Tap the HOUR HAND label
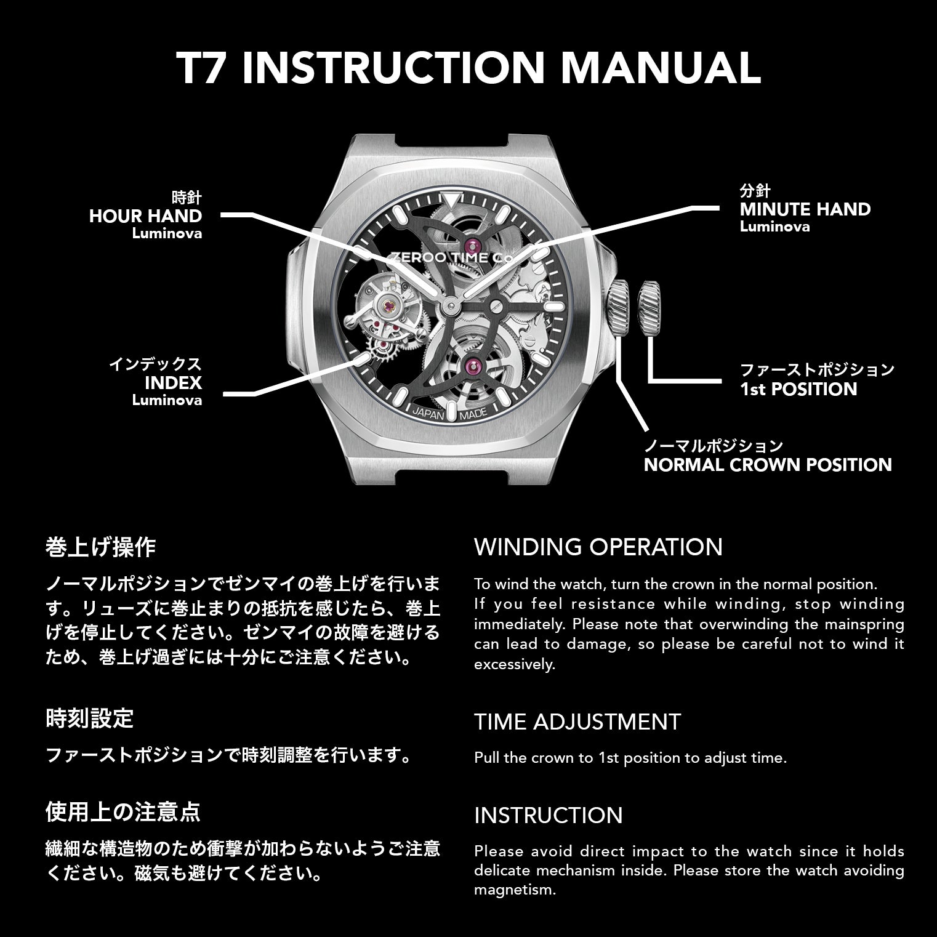coord(145,216)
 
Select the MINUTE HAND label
coord(805,209)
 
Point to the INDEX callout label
coord(173,383)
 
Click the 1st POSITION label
coord(798,389)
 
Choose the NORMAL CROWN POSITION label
coord(768,464)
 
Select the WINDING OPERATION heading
coord(598,547)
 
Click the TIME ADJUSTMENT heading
coord(577,721)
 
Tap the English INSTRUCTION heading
coord(549,815)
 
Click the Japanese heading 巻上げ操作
coord(101,547)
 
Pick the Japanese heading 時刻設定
coord(90,718)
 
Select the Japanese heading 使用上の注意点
coord(123,812)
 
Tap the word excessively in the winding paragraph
coord(515,665)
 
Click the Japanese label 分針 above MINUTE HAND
coord(755,191)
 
